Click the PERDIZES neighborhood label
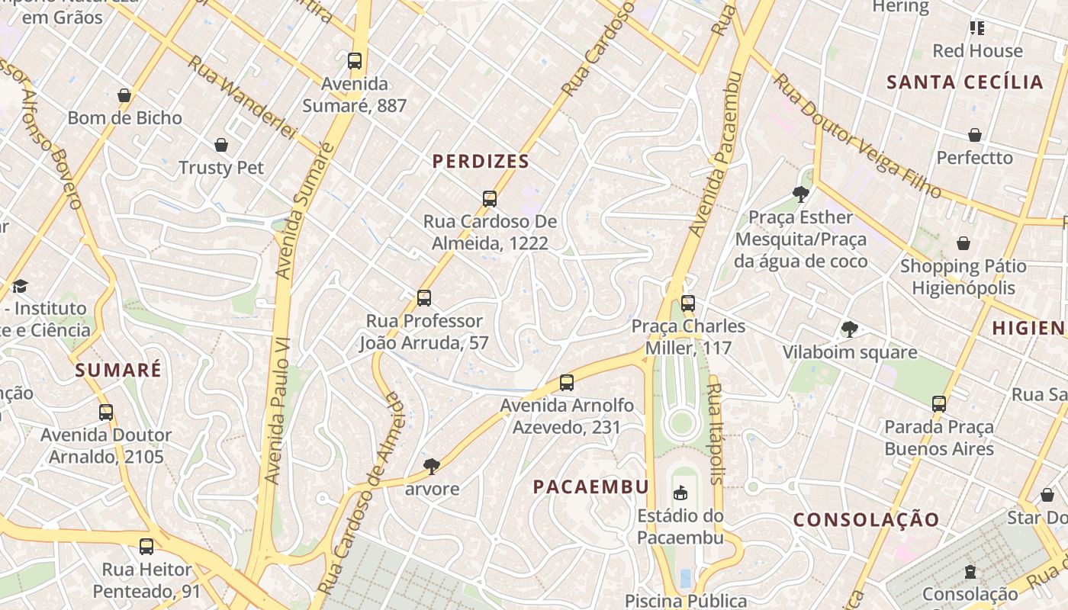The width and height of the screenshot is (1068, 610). click(481, 162)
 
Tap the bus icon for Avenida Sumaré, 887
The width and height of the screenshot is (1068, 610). click(354, 61)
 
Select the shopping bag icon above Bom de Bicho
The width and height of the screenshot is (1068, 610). click(124, 95)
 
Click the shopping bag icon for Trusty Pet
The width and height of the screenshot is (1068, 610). click(221, 145)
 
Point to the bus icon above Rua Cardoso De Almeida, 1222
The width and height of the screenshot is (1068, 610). click(490, 199)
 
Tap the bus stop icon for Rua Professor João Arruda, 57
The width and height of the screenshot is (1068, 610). click(424, 298)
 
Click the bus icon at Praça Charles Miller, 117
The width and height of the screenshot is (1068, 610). click(688, 303)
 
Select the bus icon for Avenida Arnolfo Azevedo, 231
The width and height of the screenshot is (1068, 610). click(566, 383)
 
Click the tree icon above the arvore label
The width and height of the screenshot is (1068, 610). click(432, 466)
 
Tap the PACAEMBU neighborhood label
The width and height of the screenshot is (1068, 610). click(590, 487)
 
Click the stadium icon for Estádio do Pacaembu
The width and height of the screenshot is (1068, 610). click(680, 493)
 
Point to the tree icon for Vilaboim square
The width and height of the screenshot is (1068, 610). click(849, 329)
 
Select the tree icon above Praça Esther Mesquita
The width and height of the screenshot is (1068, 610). click(800, 194)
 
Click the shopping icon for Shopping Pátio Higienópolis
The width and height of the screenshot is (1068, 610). click(963, 243)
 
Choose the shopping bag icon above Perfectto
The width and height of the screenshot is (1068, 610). click(974, 135)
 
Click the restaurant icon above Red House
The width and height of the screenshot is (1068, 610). click(977, 28)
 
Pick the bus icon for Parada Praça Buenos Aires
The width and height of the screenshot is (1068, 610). click(938, 404)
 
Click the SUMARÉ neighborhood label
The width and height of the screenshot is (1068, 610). click(118, 371)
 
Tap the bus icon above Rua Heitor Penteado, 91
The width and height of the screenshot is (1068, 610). click(146, 547)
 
